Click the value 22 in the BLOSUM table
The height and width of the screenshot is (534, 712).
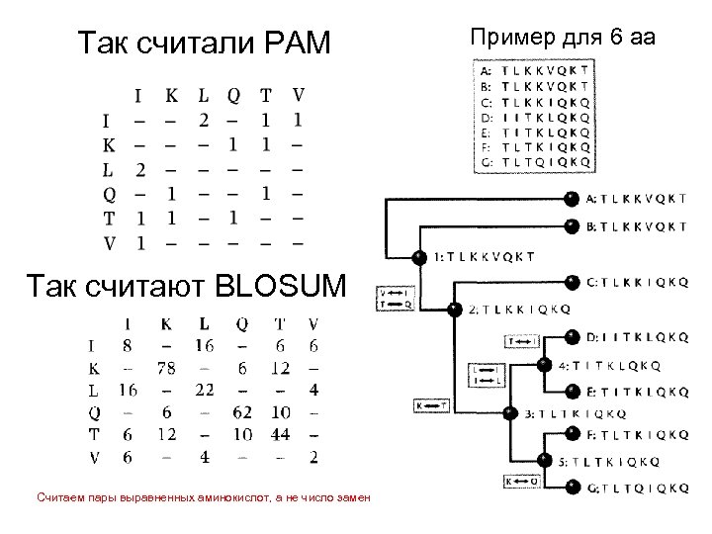coord(205,390)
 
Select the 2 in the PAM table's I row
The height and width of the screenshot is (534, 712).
coord(204,121)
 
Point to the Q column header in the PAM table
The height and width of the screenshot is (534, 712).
coord(234,96)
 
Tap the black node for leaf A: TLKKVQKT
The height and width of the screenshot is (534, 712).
coord(571,198)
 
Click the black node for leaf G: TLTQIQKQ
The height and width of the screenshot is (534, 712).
coord(571,488)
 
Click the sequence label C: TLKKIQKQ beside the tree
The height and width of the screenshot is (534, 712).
coord(636,281)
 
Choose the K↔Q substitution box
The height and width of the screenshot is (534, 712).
coord(523,483)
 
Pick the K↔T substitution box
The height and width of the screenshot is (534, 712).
coord(431,404)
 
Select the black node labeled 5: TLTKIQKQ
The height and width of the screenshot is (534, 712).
coord(542,461)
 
